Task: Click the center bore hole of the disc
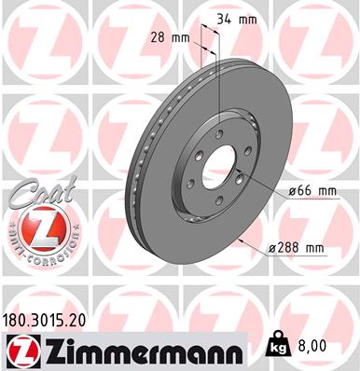[219, 171]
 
